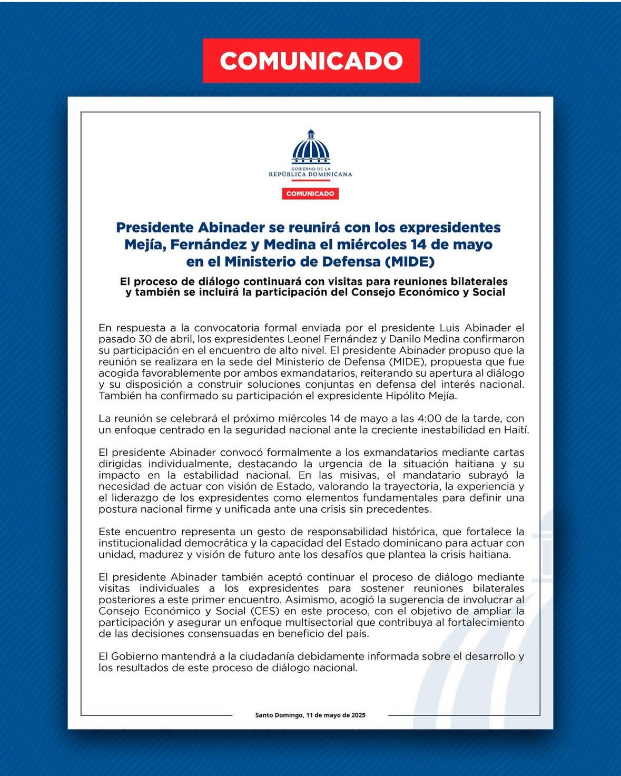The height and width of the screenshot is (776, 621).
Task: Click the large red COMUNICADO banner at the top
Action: [x=311, y=61]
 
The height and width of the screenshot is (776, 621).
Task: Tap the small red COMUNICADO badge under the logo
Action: [x=310, y=194]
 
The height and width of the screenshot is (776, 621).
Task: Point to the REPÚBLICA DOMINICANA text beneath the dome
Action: [x=310, y=174]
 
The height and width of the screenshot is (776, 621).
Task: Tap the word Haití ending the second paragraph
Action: [x=516, y=430]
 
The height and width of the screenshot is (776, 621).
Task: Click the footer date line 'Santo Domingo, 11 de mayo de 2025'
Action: [x=310, y=715]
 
